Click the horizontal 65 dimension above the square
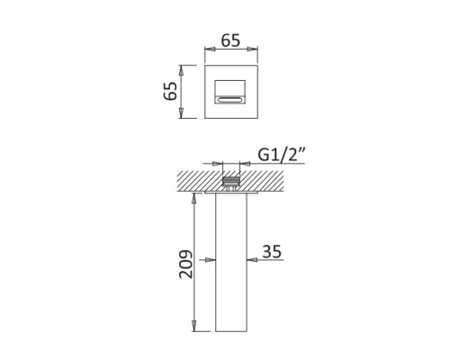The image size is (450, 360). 230,40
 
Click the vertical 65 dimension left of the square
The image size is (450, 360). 170,91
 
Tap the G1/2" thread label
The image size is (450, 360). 282,155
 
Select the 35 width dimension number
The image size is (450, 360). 272,251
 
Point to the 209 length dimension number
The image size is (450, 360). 186,264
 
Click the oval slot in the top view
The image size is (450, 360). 230,100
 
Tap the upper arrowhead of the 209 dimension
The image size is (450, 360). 194,199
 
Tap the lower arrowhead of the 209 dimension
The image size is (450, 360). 194,326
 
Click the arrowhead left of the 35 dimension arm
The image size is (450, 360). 210,260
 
